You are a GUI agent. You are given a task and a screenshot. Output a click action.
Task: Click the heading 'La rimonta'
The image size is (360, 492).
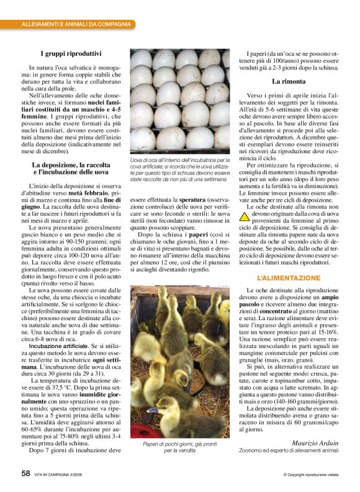(x=289, y=81)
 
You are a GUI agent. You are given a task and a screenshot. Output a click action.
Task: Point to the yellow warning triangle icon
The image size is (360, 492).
(x=243, y=217)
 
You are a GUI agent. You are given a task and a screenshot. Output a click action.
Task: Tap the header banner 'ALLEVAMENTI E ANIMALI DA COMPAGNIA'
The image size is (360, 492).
(x=76, y=24)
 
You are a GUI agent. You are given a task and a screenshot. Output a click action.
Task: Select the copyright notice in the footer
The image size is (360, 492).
(x=310, y=475)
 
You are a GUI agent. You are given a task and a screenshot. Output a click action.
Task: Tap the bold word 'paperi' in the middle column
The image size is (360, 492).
(x=189, y=236)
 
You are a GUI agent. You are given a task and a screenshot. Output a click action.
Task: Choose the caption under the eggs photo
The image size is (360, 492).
(x=180, y=171)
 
